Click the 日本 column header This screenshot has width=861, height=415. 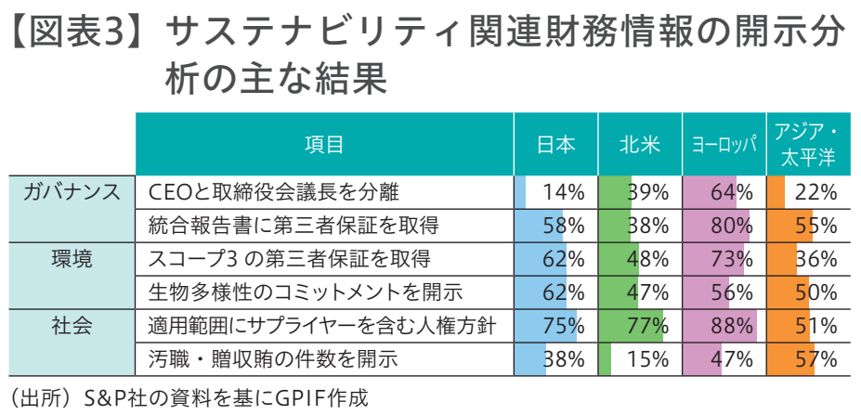pyautogui.click(x=555, y=144)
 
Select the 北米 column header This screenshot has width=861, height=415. pyautogui.click(x=640, y=144)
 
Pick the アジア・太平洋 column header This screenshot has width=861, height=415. pyautogui.click(x=805, y=144)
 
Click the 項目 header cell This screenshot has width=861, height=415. pyautogui.click(x=324, y=144)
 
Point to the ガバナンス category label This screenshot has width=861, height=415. pyautogui.click(x=72, y=192)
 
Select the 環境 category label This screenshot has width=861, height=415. pyautogui.click(x=72, y=258)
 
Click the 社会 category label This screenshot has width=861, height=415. pyautogui.click(x=72, y=325)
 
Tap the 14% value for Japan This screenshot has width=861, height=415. pyautogui.click(x=563, y=192)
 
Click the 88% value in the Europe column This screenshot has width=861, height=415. pyautogui.click(x=731, y=326)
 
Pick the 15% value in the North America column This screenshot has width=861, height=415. pyautogui.click(x=648, y=358)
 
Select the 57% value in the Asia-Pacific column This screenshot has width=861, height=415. pyautogui.click(x=816, y=358)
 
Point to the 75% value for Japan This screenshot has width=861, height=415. pyautogui.click(x=563, y=326)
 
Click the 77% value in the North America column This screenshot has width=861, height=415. pyautogui.click(x=648, y=326)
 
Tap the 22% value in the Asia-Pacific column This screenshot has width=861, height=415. pyautogui.click(x=816, y=192)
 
